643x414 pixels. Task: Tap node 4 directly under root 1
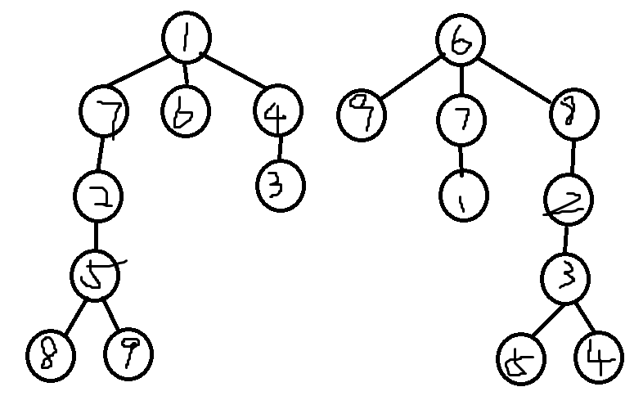(277, 113)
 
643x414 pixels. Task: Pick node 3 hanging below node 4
(280, 186)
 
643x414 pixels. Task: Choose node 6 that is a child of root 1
(185, 113)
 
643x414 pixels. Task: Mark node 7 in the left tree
(104, 114)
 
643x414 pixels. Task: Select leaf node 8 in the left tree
(49, 355)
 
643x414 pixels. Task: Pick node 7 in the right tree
(461, 120)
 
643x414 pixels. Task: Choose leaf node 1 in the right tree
(463, 196)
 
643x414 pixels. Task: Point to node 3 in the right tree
(564, 279)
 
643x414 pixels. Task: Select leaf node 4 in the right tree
(599, 358)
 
